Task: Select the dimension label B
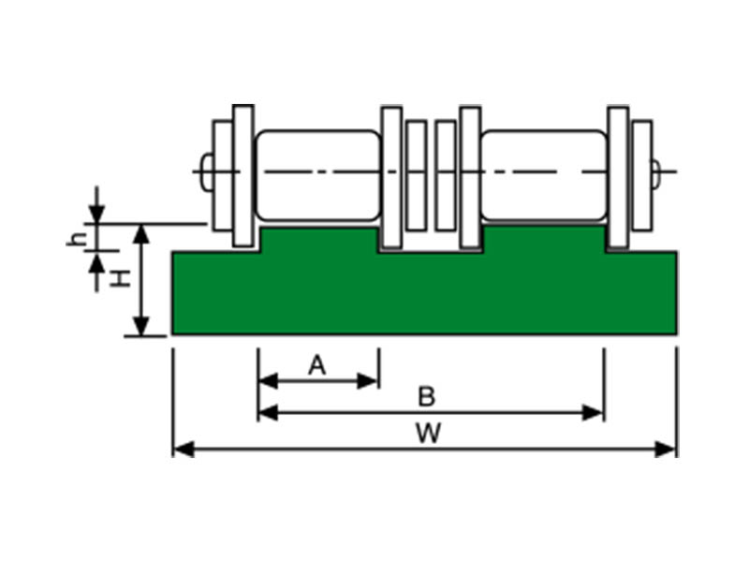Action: [426, 397]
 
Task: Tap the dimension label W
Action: [427, 433]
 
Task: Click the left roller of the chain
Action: [319, 175]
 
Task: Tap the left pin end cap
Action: [206, 171]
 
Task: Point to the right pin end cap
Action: [654, 171]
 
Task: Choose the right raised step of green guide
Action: [544, 238]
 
